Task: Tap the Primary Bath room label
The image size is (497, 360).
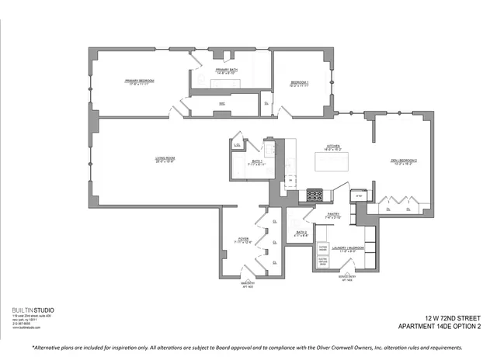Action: [x=227, y=71]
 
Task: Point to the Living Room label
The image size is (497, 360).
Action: [x=164, y=159]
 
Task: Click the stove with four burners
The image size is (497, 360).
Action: [x=316, y=196]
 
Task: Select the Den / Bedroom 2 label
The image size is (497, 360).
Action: [x=404, y=161]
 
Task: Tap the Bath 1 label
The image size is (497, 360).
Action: [x=257, y=162]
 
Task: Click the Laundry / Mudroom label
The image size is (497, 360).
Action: [x=349, y=249]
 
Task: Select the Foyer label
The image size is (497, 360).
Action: [x=244, y=241]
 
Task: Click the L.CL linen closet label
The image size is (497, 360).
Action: [x=237, y=143]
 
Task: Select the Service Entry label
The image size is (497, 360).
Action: [x=346, y=276]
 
